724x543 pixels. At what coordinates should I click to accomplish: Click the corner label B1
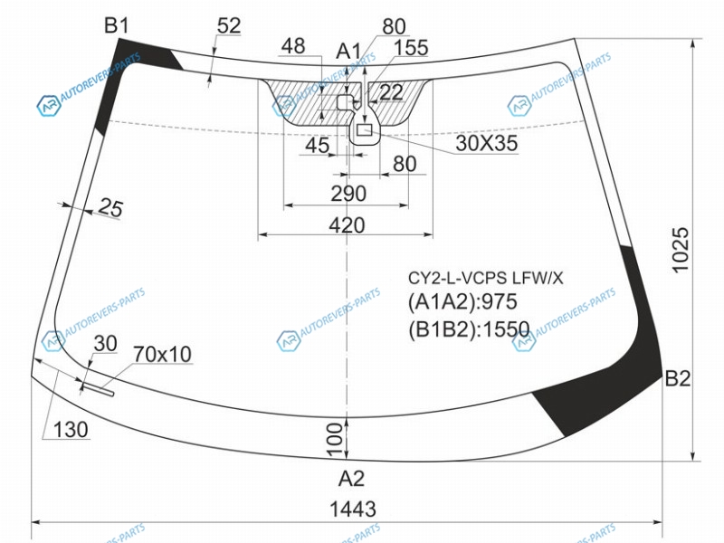117,25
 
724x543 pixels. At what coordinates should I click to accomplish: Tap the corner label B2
677,378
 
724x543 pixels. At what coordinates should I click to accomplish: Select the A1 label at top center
348,51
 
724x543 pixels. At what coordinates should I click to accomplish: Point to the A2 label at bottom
351,479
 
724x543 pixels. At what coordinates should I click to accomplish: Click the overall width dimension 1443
353,509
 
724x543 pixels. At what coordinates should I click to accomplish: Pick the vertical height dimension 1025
681,251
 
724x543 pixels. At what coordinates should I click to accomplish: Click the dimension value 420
347,225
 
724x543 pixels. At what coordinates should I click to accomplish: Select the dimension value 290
348,194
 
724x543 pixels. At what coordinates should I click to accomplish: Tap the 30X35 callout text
486,143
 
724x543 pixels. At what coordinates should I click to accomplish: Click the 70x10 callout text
162,354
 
